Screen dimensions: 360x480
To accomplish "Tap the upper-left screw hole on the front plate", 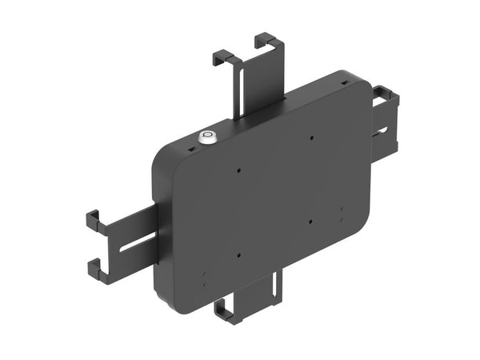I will pos(238,170).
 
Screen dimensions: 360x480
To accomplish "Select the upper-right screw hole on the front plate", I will pos(311,138).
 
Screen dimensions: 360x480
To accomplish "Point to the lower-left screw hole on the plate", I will pos(238,256).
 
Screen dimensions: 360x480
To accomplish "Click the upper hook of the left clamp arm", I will pos(94,221).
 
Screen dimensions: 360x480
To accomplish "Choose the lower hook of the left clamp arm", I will pos(96,270).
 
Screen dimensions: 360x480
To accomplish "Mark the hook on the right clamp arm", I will pos(387,96).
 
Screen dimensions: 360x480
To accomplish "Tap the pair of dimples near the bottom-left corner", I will pos(205,278).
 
